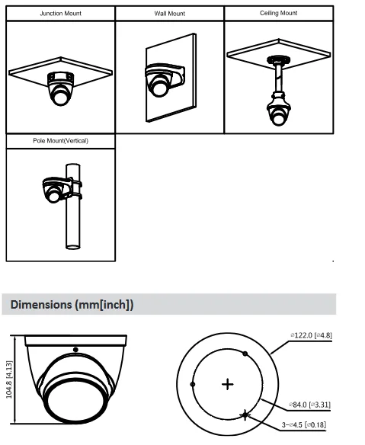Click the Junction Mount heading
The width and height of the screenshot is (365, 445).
click(x=60, y=14)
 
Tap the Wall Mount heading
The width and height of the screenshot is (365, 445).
click(x=169, y=14)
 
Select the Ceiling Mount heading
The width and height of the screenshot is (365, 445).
click(x=278, y=13)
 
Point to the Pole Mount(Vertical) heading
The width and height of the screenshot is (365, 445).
click(x=60, y=141)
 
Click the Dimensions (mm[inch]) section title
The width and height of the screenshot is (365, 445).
click(x=72, y=305)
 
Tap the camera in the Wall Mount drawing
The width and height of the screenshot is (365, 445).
click(x=159, y=82)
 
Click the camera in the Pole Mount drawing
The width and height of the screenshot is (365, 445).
click(x=53, y=190)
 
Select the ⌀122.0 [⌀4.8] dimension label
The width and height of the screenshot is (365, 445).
click(x=311, y=335)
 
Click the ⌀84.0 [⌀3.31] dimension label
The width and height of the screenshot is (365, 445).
click(x=309, y=405)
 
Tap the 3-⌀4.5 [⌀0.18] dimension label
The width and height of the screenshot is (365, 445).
click(x=304, y=425)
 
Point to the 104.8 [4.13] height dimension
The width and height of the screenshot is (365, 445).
click(x=9, y=379)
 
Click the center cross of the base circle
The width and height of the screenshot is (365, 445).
click(x=227, y=385)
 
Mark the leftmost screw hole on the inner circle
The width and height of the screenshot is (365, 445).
click(x=193, y=384)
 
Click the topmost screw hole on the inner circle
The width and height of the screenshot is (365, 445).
click(x=245, y=354)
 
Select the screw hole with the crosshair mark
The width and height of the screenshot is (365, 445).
click(x=245, y=415)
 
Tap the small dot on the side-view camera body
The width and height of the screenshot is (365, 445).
click(x=75, y=350)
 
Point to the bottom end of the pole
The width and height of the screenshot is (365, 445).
click(x=73, y=247)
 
